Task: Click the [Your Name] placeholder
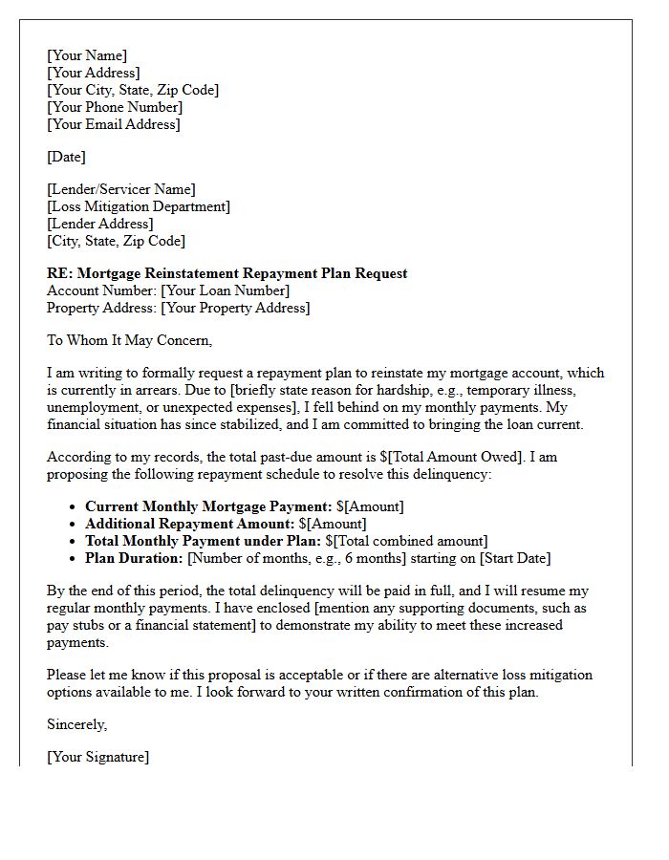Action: coord(87,55)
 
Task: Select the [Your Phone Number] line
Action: coord(115,107)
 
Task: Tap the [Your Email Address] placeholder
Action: coord(114,124)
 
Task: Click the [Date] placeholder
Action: coord(66,157)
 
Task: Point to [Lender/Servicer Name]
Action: coord(121,189)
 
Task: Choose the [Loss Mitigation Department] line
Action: coord(139,206)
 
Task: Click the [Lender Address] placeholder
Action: coord(100,224)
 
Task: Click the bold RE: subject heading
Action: coord(227,273)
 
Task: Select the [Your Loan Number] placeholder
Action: coord(225,290)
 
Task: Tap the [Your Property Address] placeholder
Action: coord(235,308)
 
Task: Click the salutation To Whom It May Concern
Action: coord(129,340)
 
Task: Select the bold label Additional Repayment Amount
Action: coord(189,524)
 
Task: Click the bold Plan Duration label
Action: coord(134,558)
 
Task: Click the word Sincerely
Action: coord(77,725)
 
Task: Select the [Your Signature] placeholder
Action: coord(98,758)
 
